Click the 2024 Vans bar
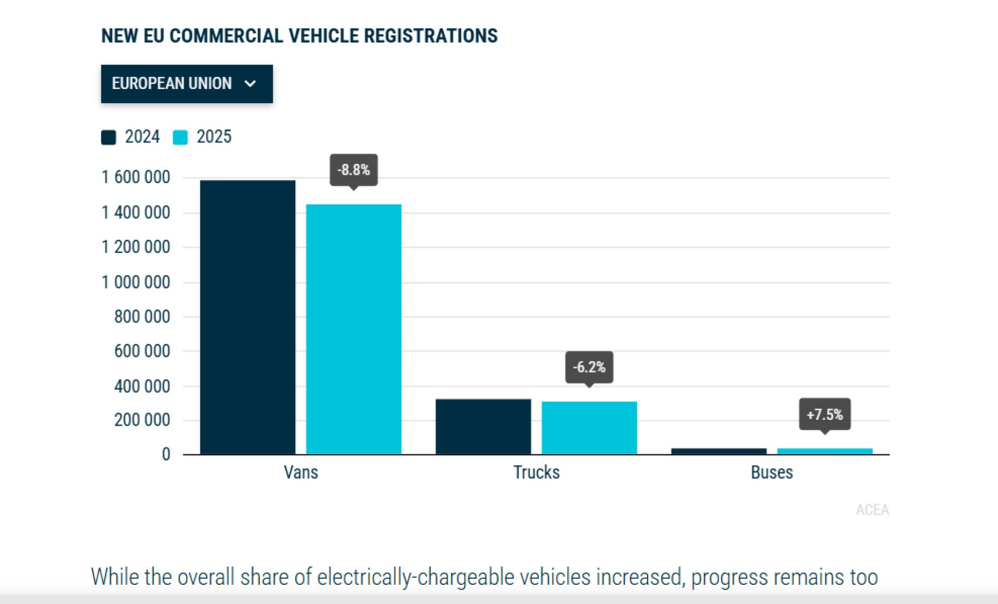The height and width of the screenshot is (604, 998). click(247, 317)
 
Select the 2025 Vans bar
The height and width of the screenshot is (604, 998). click(353, 329)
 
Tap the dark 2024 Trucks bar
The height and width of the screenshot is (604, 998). click(483, 427)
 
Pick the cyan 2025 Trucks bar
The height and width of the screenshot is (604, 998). click(589, 428)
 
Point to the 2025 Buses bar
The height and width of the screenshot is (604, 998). click(824, 451)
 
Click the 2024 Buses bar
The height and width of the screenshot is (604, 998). click(718, 451)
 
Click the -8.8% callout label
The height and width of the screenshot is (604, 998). click(353, 170)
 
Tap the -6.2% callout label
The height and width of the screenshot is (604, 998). click(589, 367)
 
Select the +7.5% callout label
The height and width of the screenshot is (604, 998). click(824, 415)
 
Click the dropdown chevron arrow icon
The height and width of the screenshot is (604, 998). click(250, 84)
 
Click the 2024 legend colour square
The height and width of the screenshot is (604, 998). click(108, 137)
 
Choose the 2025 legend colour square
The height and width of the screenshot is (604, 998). click(180, 137)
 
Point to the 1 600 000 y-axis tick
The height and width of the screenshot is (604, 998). click(136, 177)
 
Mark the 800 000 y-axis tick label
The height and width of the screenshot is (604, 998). click(142, 317)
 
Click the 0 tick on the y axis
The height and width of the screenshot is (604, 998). click(166, 454)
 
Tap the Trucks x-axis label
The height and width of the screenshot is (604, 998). click(536, 472)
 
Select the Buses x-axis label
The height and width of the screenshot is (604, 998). click(772, 472)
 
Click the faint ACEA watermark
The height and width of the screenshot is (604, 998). click(872, 510)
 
